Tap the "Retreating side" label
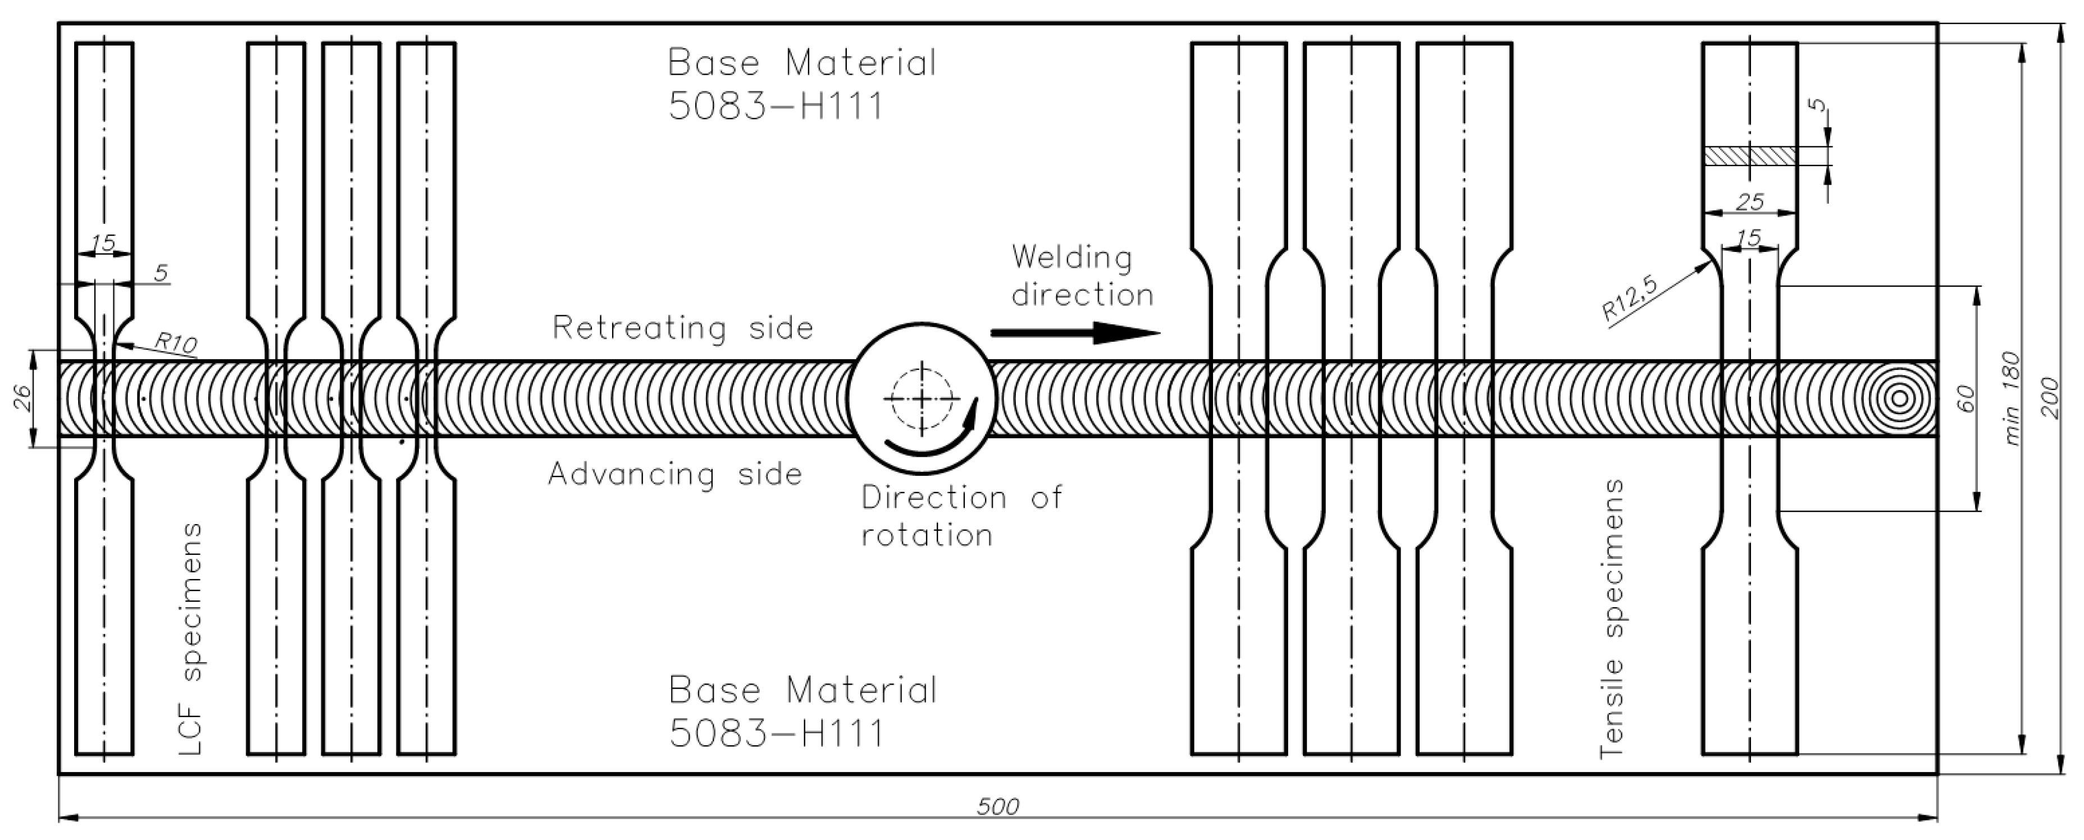point(682,328)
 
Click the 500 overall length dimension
point(997,806)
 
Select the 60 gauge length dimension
point(1965,398)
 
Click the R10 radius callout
point(176,343)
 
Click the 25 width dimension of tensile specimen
point(1750,202)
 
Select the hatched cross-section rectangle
point(1750,156)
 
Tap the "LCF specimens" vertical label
point(191,639)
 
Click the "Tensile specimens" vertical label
point(1612,618)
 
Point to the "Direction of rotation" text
point(960,516)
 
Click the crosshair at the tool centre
point(922,398)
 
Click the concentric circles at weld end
point(1898,398)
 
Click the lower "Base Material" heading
point(802,690)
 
